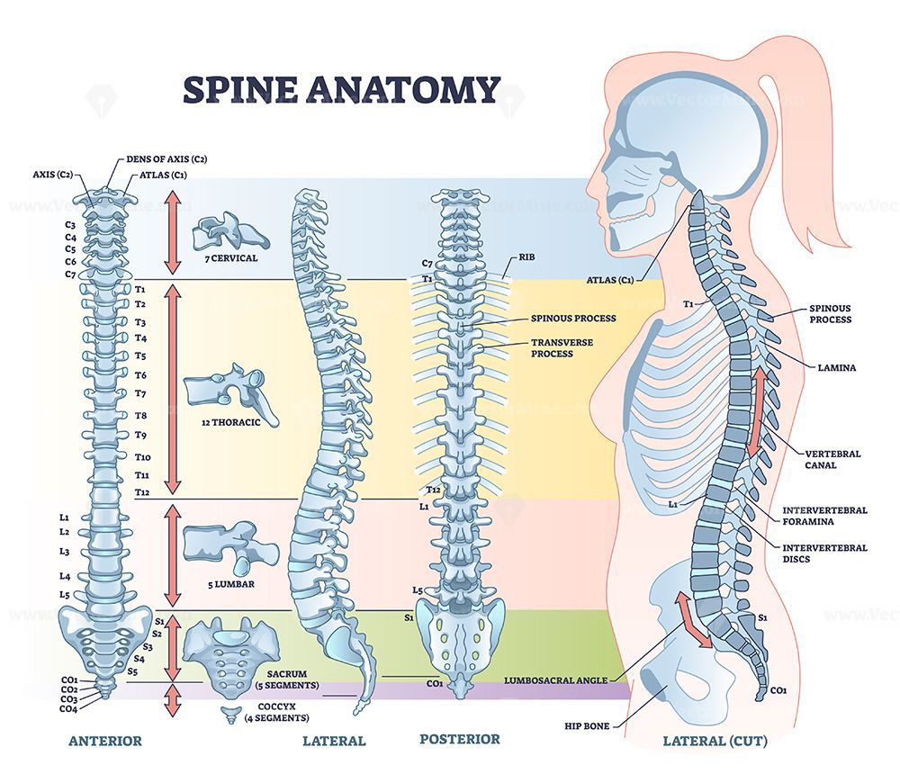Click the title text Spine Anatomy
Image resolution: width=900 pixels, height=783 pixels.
click(x=341, y=90)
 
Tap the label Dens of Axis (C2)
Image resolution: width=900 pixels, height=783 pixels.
click(x=166, y=159)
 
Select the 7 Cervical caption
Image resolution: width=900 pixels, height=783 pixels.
click(x=231, y=258)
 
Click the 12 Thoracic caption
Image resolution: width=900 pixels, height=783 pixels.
click(x=230, y=422)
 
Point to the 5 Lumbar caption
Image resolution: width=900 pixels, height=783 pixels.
click(x=230, y=584)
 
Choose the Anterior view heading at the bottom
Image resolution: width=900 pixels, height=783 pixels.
click(x=105, y=741)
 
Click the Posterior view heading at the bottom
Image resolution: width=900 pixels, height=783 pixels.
click(x=460, y=740)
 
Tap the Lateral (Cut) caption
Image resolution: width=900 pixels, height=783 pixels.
click(x=715, y=741)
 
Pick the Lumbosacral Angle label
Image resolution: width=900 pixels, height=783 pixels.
click(x=555, y=680)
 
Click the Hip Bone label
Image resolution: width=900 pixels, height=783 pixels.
click(x=587, y=726)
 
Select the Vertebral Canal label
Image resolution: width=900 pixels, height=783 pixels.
click(x=832, y=459)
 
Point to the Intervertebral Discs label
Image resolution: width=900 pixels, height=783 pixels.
click(x=824, y=553)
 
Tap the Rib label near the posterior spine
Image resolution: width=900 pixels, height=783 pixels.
click(x=526, y=257)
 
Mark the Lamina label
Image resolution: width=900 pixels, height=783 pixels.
click(x=836, y=367)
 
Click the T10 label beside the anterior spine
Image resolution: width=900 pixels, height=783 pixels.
click(x=143, y=457)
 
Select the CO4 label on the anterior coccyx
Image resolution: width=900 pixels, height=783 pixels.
click(x=69, y=709)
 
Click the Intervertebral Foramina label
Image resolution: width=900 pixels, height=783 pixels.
click(x=824, y=516)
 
